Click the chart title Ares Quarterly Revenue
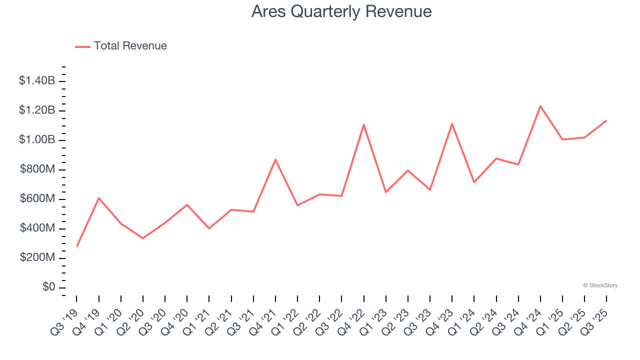tap(341, 11)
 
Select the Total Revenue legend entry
tap(121, 46)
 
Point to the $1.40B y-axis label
tap(37, 81)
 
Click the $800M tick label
tap(37, 169)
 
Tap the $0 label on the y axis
tap(48, 287)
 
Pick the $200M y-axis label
tap(37, 258)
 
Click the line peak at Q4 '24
tap(540, 106)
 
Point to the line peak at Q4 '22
tap(363, 124)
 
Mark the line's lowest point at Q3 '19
tap(77, 246)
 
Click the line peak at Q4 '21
tap(275, 159)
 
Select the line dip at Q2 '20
tap(143, 238)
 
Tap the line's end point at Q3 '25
tap(606, 120)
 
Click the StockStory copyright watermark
tap(600, 285)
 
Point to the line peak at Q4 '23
tap(452, 123)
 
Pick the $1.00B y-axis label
tap(37, 140)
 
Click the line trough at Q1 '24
tap(474, 182)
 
